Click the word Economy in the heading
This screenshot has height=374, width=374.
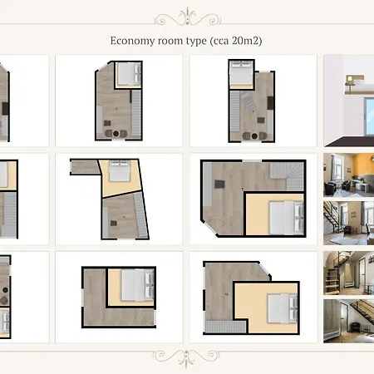coord(132,41)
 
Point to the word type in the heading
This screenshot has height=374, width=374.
coord(196,42)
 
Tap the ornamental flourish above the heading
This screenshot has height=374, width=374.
coord(187,17)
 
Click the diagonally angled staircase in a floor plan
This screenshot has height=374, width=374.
coord(248,102)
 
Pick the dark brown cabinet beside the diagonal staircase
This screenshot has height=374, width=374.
coord(270,103)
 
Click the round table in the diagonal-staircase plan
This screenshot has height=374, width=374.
coord(254,136)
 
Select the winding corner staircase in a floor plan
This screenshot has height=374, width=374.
coord(287,176)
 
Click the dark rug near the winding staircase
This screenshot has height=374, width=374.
coord(219,185)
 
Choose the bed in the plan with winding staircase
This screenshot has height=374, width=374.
coord(287,218)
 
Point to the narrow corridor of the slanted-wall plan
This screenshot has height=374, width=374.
coord(85,167)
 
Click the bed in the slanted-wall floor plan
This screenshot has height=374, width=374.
coord(120,171)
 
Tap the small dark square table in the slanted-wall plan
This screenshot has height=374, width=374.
coord(114,224)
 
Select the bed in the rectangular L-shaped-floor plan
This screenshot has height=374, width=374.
coord(138,285)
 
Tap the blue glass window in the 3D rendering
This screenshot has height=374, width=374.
coord(369,116)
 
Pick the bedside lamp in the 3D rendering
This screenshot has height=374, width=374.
coord(349,81)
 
